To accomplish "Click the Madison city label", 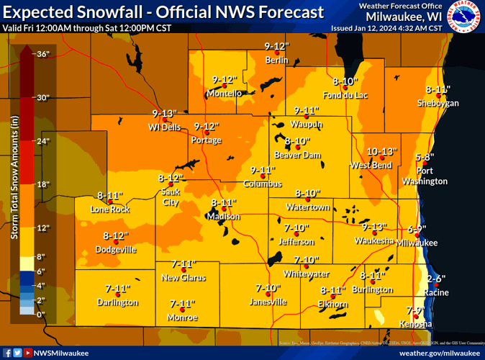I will (222, 217).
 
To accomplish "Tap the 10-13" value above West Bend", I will (381, 152).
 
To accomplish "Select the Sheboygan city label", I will (438, 104).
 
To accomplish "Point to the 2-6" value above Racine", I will (436, 279).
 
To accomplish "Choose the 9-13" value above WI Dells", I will (164, 114).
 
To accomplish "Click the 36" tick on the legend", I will (42, 54).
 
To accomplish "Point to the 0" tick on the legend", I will (41, 315).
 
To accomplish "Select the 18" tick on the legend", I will (42, 184).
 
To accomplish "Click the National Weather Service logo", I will (463, 17).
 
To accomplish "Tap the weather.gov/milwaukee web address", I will (440, 353).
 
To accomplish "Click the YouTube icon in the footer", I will (28, 353).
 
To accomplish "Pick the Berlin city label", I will (276, 60).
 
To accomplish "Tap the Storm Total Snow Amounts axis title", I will (13, 185).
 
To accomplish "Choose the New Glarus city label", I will (183, 277).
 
